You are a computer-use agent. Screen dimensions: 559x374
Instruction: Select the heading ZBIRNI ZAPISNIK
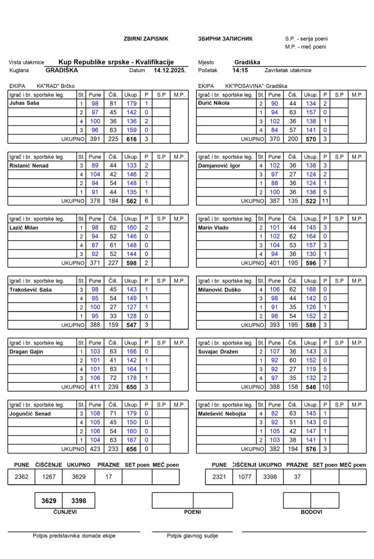pos(146,39)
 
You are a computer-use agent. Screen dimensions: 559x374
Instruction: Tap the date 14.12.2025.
pos(170,70)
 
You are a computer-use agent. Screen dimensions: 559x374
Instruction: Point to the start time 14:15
pos(240,70)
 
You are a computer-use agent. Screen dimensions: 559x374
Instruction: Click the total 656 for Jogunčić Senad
pos(131,449)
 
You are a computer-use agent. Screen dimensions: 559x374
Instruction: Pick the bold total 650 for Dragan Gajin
pos(131,386)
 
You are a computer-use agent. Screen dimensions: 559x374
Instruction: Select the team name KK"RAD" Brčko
pos(55,86)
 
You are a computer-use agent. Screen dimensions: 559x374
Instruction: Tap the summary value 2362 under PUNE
pos(22,477)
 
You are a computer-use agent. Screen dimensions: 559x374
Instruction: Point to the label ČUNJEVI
pos(64,512)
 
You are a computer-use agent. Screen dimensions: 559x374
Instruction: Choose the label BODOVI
pos(311,512)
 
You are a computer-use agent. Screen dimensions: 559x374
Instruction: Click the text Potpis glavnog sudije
pos(192,536)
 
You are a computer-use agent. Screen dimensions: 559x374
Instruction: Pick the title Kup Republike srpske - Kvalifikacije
pos(123,62)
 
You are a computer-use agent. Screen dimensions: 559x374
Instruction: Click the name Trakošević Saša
pos(31,290)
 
